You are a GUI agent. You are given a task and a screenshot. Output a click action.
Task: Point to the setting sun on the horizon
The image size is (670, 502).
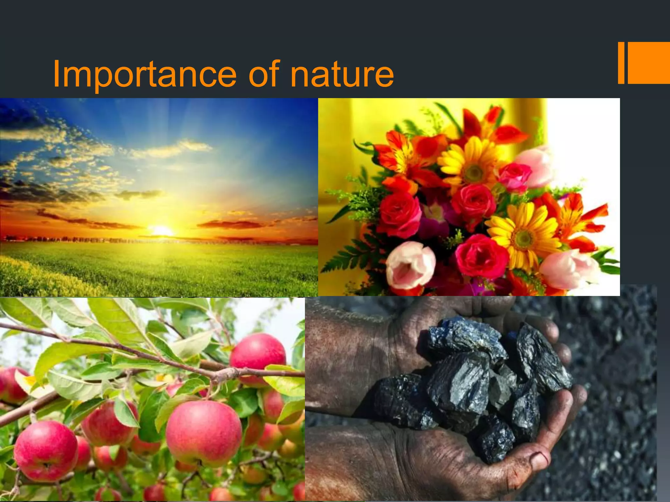[x=161, y=230]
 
